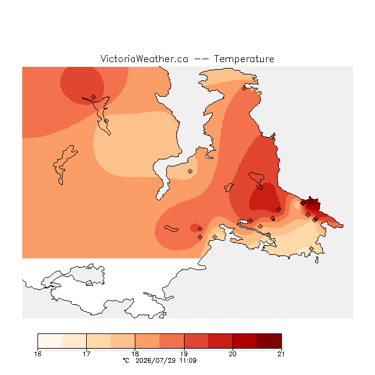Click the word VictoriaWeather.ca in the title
tap(144, 59)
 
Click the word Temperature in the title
tap(244, 59)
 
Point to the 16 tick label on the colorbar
tap(37, 354)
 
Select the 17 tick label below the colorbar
tap(86, 354)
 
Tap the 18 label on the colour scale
tap(135, 354)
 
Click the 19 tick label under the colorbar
tap(184, 354)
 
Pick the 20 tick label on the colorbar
tap(233, 354)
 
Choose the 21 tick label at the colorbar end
tap(281, 354)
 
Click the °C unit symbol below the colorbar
tap(126, 360)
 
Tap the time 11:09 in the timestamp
tap(188, 360)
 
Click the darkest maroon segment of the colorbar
tap(269, 341)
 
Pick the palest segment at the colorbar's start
tap(50, 341)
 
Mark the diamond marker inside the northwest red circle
tap(94, 97)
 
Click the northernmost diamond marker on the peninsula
tap(244, 88)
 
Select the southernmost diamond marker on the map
tap(311, 248)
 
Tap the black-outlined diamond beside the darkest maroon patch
tap(303, 203)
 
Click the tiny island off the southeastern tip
tap(316, 260)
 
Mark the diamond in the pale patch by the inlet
tap(190, 171)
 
